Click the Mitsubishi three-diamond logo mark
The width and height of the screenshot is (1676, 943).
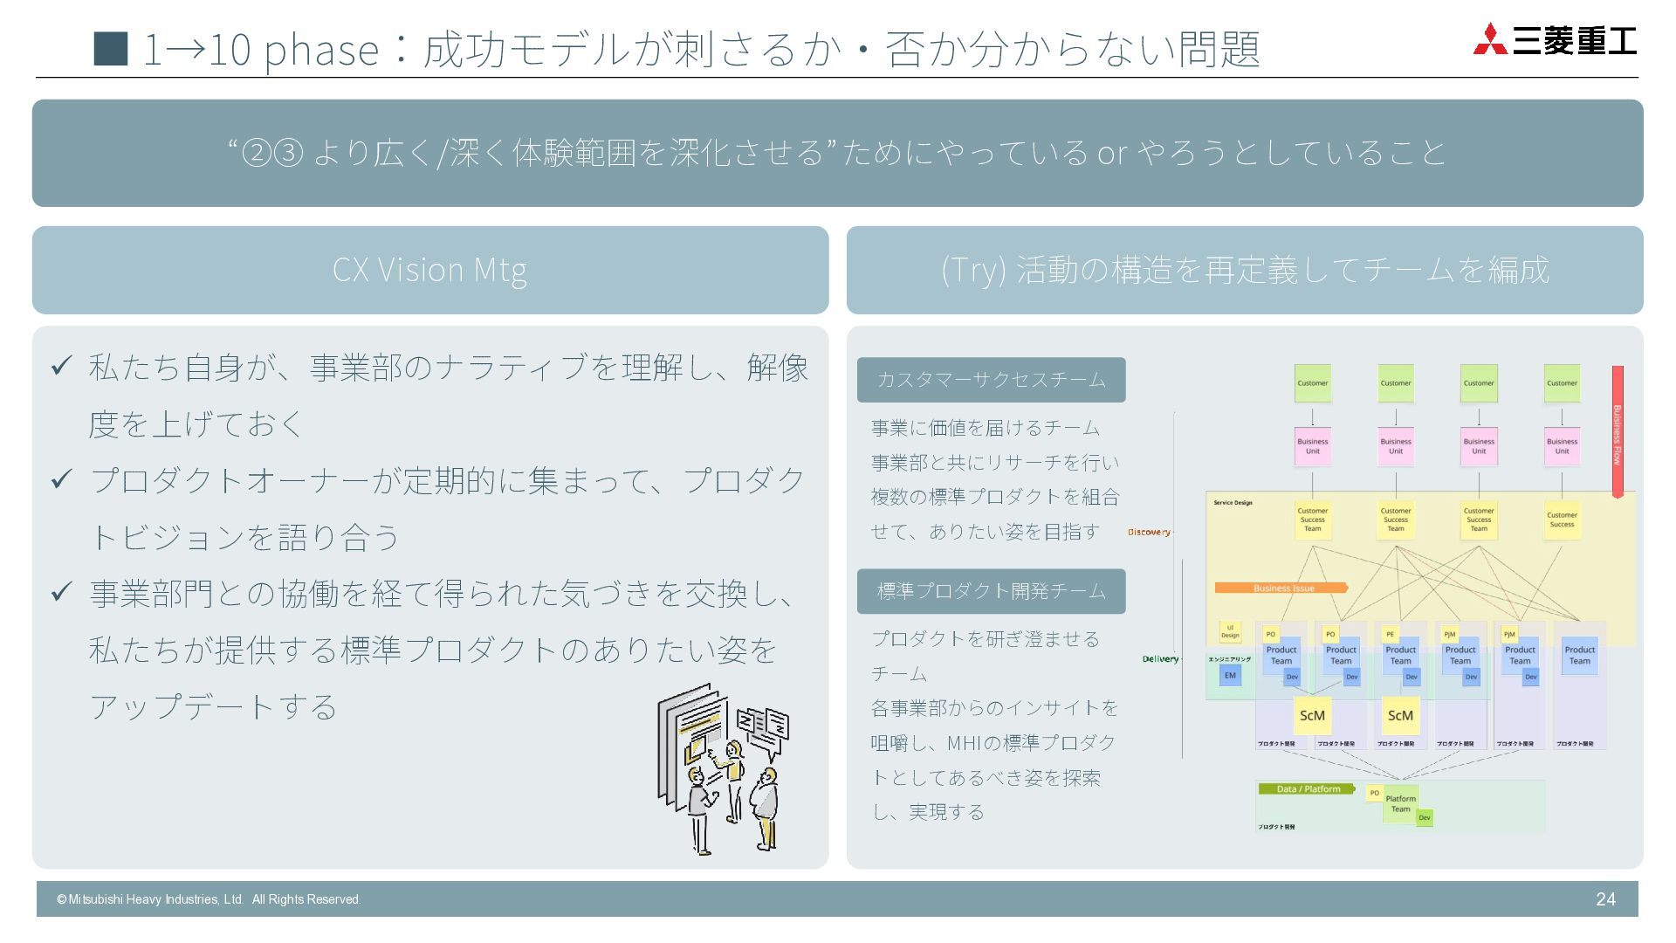pyautogui.click(x=1490, y=39)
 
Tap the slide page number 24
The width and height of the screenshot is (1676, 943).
pyautogui.click(x=1605, y=899)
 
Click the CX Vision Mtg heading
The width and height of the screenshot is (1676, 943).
pyautogui.click(x=429, y=270)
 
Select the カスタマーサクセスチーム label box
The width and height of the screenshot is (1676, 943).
pyautogui.click(x=991, y=380)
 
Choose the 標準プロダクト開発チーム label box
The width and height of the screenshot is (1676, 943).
pyautogui.click(x=991, y=591)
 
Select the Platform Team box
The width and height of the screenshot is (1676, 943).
pyautogui.click(x=1400, y=803)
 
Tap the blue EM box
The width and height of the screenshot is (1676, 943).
pyautogui.click(x=1230, y=675)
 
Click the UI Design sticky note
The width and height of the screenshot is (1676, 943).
pyautogui.click(x=1230, y=632)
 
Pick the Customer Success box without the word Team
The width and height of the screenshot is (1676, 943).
pyautogui.click(x=1562, y=520)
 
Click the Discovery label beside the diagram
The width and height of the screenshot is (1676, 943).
pyautogui.click(x=1149, y=532)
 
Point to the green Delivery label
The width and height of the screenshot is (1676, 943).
pyautogui.click(x=1160, y=659)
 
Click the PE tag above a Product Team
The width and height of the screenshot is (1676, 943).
pyautogui.click(x=1390, y=634)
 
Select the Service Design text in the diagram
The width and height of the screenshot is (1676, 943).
pyautogui.click(x=1233, y=503)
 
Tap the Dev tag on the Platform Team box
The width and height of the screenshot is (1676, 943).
pyautogui.click(x=1425, y=818)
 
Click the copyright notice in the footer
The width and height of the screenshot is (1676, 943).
pyautogui.click(x=209, y=899)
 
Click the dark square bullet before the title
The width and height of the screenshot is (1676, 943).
pyautogui.click(x=111, y=49)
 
